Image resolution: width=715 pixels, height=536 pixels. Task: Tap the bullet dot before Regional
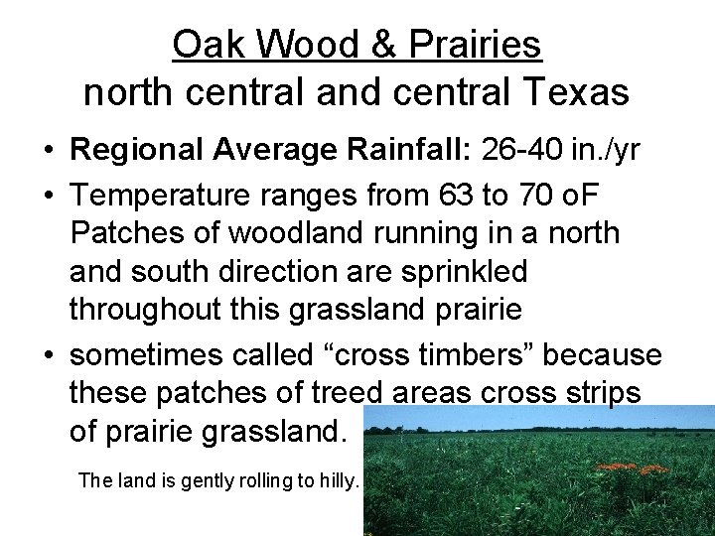[x=48, y=151]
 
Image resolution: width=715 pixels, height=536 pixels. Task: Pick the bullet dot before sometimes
[x=48, y=355]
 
